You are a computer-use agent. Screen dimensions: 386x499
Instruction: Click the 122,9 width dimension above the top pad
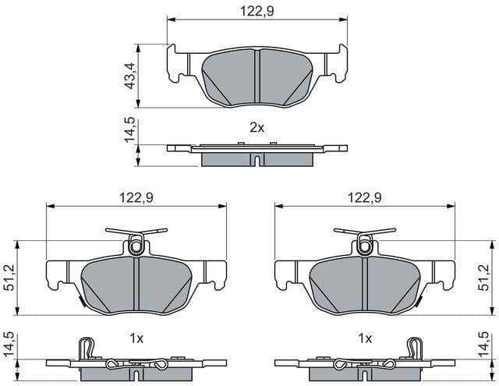point(257,10)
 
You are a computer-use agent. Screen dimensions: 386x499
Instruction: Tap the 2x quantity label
point(257,128)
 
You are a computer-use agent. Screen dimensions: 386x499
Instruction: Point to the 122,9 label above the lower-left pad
point(136,197)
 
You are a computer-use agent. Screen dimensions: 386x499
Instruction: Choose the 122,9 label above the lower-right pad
point(363,197)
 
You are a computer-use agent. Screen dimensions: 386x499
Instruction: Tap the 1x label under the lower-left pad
point(136,339)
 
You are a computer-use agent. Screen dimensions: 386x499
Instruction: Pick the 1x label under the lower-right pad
point(363,339)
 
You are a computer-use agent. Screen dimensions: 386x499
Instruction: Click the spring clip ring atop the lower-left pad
point(136,246)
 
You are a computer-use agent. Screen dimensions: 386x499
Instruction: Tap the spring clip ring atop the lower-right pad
point(364,246)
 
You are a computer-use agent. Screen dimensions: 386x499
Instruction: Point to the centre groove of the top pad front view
point(257,76)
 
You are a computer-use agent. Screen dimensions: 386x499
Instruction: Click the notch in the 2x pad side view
point(257,161)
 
